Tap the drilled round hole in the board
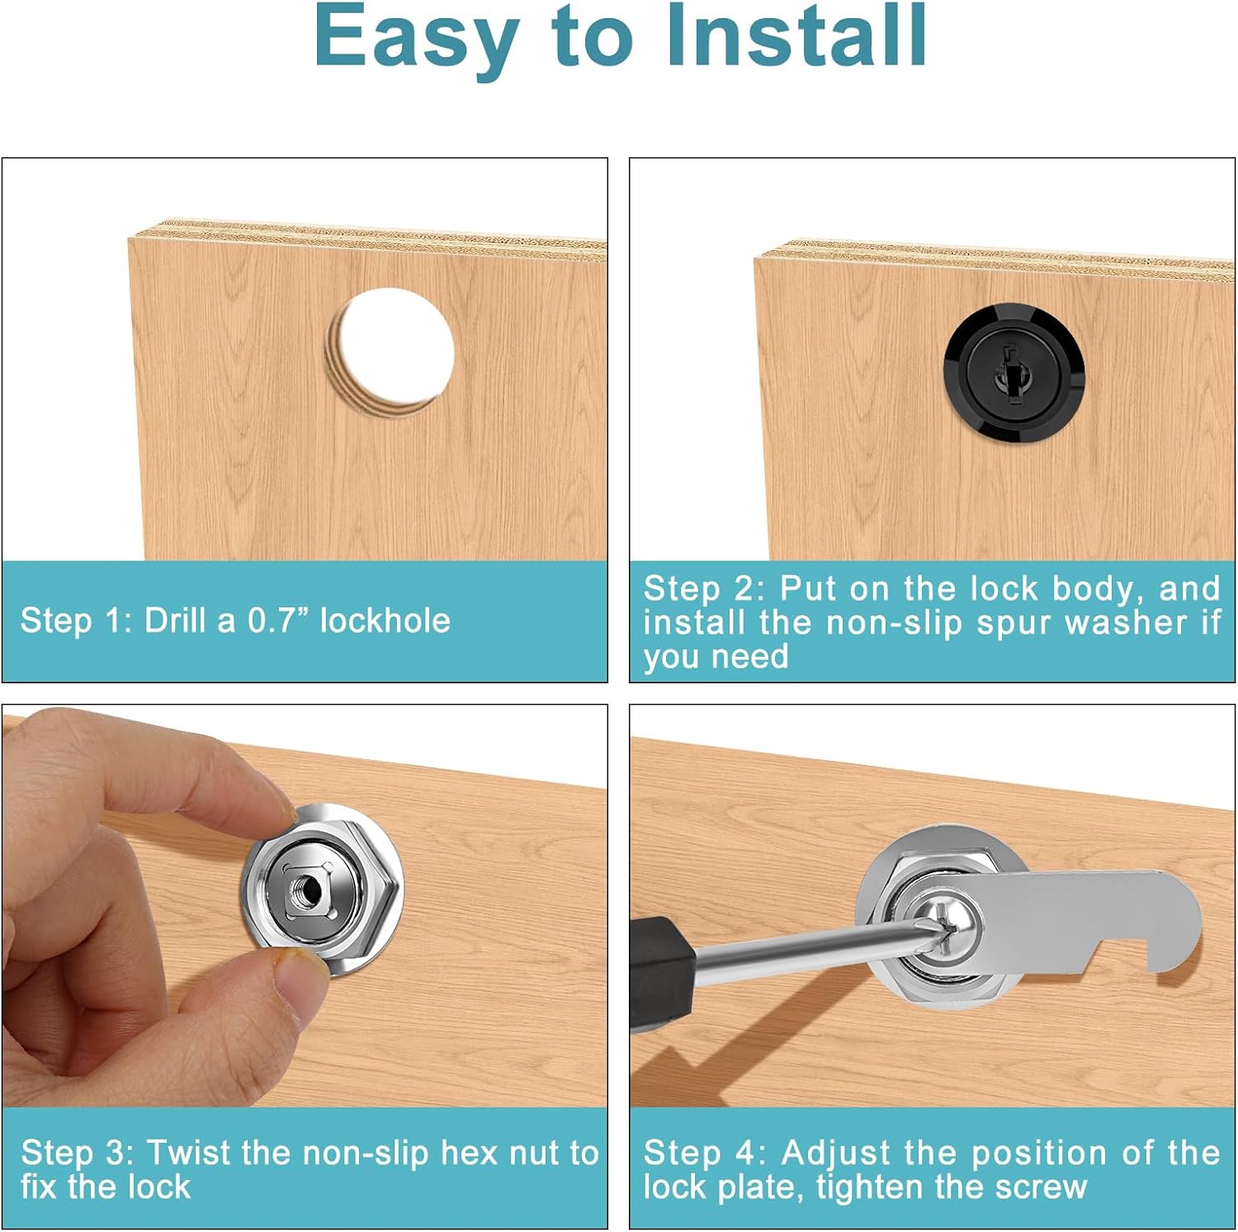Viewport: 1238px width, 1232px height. [390, 352]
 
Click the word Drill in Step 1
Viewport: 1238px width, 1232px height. [175, 621]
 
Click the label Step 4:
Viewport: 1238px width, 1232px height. [705, 1154]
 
